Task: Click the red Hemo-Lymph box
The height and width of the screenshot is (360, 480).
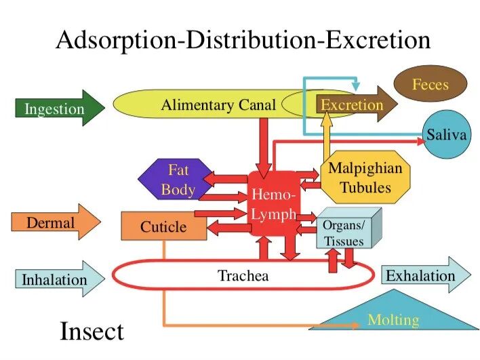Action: click(x=273, y=203)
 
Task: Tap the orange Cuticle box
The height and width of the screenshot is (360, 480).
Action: click(x=163, y=226)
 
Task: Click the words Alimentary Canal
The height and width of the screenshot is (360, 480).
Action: click(x=218, y=104)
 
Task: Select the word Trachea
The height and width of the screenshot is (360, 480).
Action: click(x=243, y=275)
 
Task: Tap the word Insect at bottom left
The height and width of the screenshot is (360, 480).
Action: click(x=92, y=332)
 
